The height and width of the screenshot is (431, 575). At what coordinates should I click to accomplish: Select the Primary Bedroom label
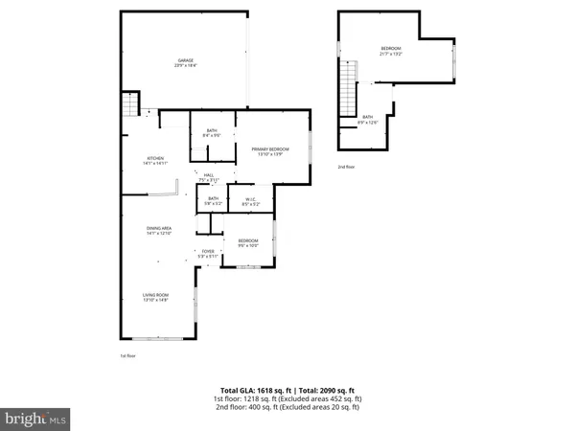(x=270, y=150)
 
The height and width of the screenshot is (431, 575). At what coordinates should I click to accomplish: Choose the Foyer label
(x=208, y=254)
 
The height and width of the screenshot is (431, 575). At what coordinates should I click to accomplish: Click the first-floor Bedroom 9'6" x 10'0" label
(x=247, y=242)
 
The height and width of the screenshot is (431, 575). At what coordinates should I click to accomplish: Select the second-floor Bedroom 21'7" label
(x=391, y=51)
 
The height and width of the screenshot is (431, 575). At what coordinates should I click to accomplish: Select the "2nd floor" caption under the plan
(x=346, y=167)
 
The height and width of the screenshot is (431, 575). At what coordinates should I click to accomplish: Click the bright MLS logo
(x=35, y=418)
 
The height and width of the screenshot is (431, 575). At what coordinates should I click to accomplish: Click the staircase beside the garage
(x=128, y=106)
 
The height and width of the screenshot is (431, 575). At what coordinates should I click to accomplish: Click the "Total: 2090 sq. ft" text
(x=323, y=391)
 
